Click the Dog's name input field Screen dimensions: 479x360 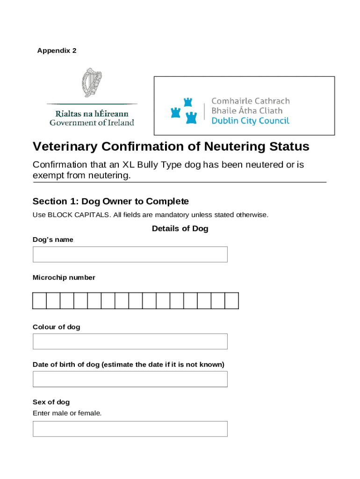[x=130, y=254]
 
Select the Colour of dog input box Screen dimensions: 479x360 [x=130, y=341]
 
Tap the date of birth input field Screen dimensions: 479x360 [x=130, y=379]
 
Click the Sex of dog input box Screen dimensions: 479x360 [x=130, y=429]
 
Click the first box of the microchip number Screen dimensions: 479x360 [x=40, y=301]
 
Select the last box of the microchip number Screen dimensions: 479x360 [x=232, y=301]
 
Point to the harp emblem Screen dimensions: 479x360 [x=92, y=82]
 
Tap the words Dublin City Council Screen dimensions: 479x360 [x=250, y=121]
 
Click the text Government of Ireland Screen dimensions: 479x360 [x=92, y=123]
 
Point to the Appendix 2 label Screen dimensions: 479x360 [x=57, y=51]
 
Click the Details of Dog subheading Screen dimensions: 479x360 [x=180, y=229]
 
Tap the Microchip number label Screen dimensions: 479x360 [x=64, y=278]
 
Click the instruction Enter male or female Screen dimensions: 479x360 [x=67, y=413]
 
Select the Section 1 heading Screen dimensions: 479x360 [x=110, y=202]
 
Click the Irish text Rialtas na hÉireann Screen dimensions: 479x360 [x=92, y=114]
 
